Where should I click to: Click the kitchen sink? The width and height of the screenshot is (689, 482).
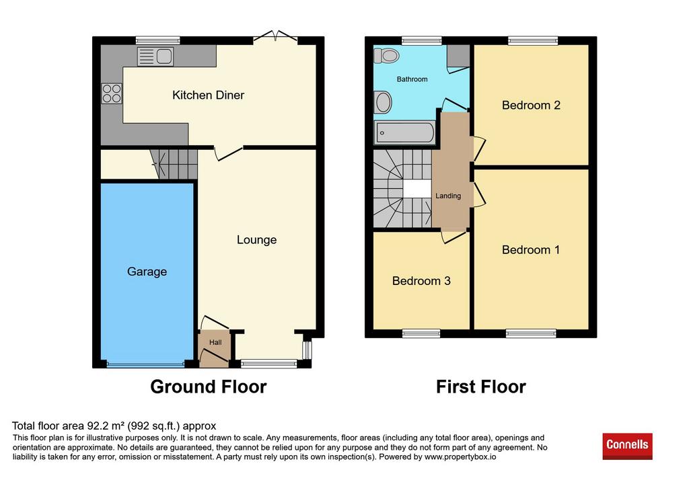tap(155, 56)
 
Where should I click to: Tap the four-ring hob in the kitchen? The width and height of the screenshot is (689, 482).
tap(112, 93)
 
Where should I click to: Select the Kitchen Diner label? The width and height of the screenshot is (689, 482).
tap(208, 95)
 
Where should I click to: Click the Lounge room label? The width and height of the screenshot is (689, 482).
tap(256, 240)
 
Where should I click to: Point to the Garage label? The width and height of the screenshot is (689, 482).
tap(147, 272)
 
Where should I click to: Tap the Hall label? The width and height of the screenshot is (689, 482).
tap(215, 342)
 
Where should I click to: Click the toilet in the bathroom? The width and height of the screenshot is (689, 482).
tap(386, 55)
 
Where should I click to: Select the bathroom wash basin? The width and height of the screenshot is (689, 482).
tap(383, 102)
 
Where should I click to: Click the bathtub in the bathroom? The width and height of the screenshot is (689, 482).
tap(404, 132)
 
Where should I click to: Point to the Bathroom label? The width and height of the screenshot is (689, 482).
tap(412, 79)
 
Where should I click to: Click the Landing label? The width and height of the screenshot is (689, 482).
tap(448, 196)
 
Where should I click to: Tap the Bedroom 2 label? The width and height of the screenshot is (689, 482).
tap(531, 106)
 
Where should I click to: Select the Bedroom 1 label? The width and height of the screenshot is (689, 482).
tap(531, 250)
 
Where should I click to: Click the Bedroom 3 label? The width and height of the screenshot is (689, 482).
tap(421, 281)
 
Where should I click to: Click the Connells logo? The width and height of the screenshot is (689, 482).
tap(627, 446)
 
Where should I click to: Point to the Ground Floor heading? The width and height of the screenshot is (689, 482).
tap(209, 387)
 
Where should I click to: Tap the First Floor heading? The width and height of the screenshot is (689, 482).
tap(480, 387)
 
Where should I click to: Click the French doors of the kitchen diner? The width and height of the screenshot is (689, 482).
tap(275, 38)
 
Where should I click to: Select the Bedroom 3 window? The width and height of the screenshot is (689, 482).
tap(421, 333)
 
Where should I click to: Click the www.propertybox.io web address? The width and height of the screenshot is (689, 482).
tap(460, 457)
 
